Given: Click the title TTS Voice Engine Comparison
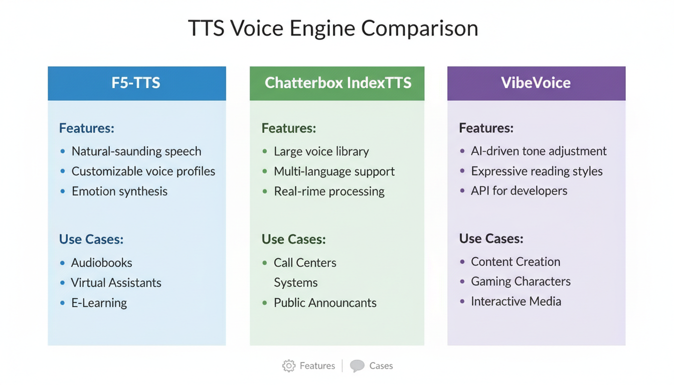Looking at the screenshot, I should (333, 28).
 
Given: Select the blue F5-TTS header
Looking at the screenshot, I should (136, 83).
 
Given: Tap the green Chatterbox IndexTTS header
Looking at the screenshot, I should (338, 83).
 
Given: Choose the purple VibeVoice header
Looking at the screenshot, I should (536, 83).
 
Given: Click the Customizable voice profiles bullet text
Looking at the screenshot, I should (143, 171).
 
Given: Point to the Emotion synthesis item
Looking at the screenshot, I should (119, 191).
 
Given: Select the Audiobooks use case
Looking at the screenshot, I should (101, 263).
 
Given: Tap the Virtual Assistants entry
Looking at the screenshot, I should (116, 283).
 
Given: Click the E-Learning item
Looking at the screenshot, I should (99, 303).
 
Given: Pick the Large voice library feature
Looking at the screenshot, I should (321, 151).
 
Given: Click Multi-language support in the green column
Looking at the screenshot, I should (334, 171).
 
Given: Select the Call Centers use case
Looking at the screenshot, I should (305, 263).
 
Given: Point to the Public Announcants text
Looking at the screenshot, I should (325, 303).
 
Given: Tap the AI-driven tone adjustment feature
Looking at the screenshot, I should (539, 151).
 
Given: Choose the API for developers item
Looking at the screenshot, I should (519, 191).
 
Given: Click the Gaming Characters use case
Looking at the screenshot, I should (521, 282).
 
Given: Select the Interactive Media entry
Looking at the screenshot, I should (516, 302).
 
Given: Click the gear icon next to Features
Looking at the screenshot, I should (289, 366).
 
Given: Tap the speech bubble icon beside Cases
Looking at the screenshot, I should (357, 366).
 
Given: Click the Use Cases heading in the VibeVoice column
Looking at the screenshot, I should (491, 239).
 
